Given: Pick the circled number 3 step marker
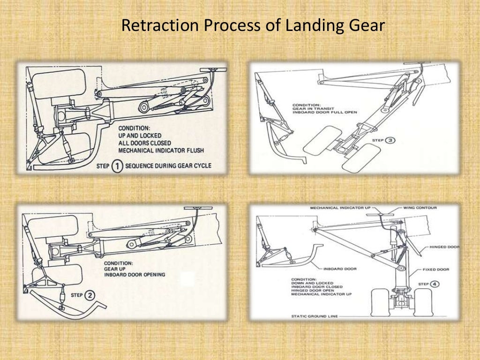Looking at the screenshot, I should [x=390, y=140].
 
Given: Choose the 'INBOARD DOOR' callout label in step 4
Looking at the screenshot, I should [x=340, y=269].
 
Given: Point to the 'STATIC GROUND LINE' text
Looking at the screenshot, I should [x=313, y=316].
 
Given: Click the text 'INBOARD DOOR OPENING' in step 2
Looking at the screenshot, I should [x=135, y=274].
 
